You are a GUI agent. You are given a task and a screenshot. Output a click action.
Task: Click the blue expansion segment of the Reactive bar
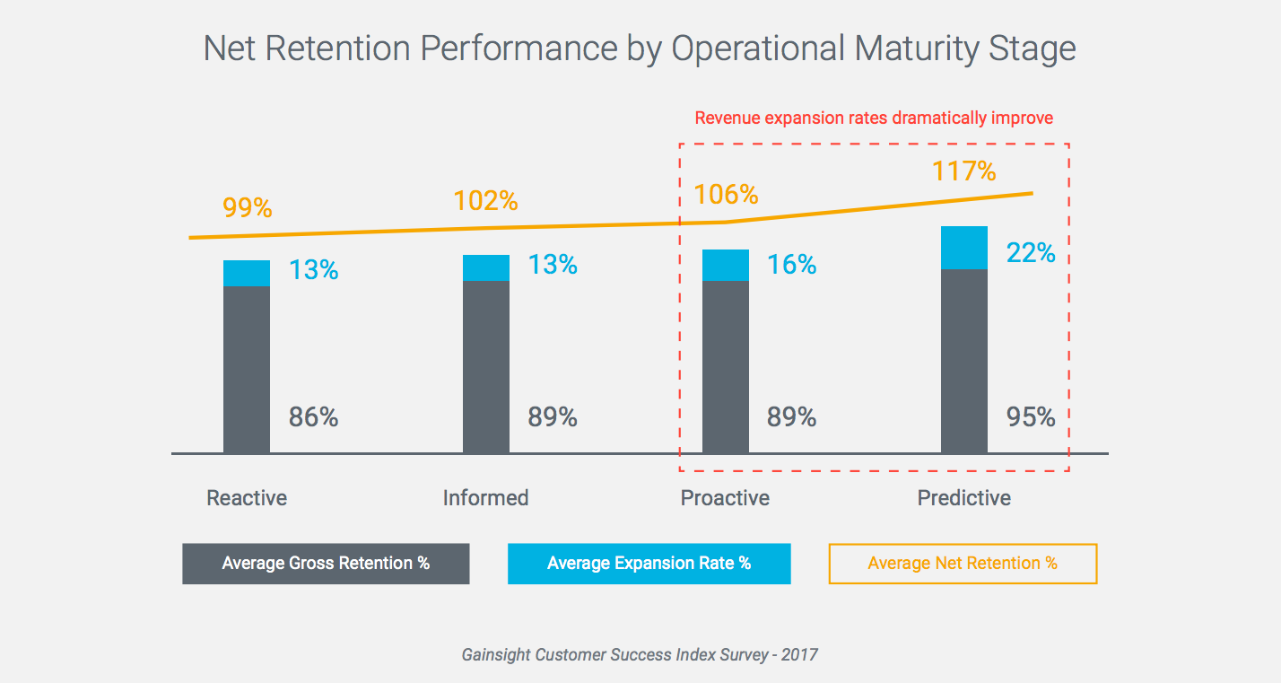247,273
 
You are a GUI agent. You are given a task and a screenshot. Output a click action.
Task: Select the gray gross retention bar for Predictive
964,361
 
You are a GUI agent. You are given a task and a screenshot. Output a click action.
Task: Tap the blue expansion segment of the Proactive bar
725,265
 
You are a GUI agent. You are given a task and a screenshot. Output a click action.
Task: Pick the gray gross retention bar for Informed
486,366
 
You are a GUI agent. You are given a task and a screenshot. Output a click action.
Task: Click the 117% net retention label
963,171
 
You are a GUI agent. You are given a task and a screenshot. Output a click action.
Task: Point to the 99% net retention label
247,207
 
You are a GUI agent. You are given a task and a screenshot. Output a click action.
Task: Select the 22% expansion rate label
1031,253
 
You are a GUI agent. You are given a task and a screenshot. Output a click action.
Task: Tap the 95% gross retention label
1031,417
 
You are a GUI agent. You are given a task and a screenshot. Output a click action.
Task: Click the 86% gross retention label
313,417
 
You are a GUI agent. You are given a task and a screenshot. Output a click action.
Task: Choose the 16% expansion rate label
792,265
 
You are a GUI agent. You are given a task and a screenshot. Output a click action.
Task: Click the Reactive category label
247,498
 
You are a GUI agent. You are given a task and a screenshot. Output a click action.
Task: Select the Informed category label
485,498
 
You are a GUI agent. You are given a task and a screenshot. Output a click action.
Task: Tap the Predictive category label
963,498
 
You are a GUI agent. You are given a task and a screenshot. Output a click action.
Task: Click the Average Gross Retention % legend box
326,564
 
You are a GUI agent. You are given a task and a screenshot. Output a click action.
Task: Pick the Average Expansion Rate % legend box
649,564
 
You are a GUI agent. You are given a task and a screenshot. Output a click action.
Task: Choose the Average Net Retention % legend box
963,564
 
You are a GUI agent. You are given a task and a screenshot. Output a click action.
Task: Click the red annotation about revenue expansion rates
874,118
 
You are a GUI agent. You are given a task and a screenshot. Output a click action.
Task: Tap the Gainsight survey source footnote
640,654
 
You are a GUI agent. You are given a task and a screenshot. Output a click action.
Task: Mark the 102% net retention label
486,200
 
